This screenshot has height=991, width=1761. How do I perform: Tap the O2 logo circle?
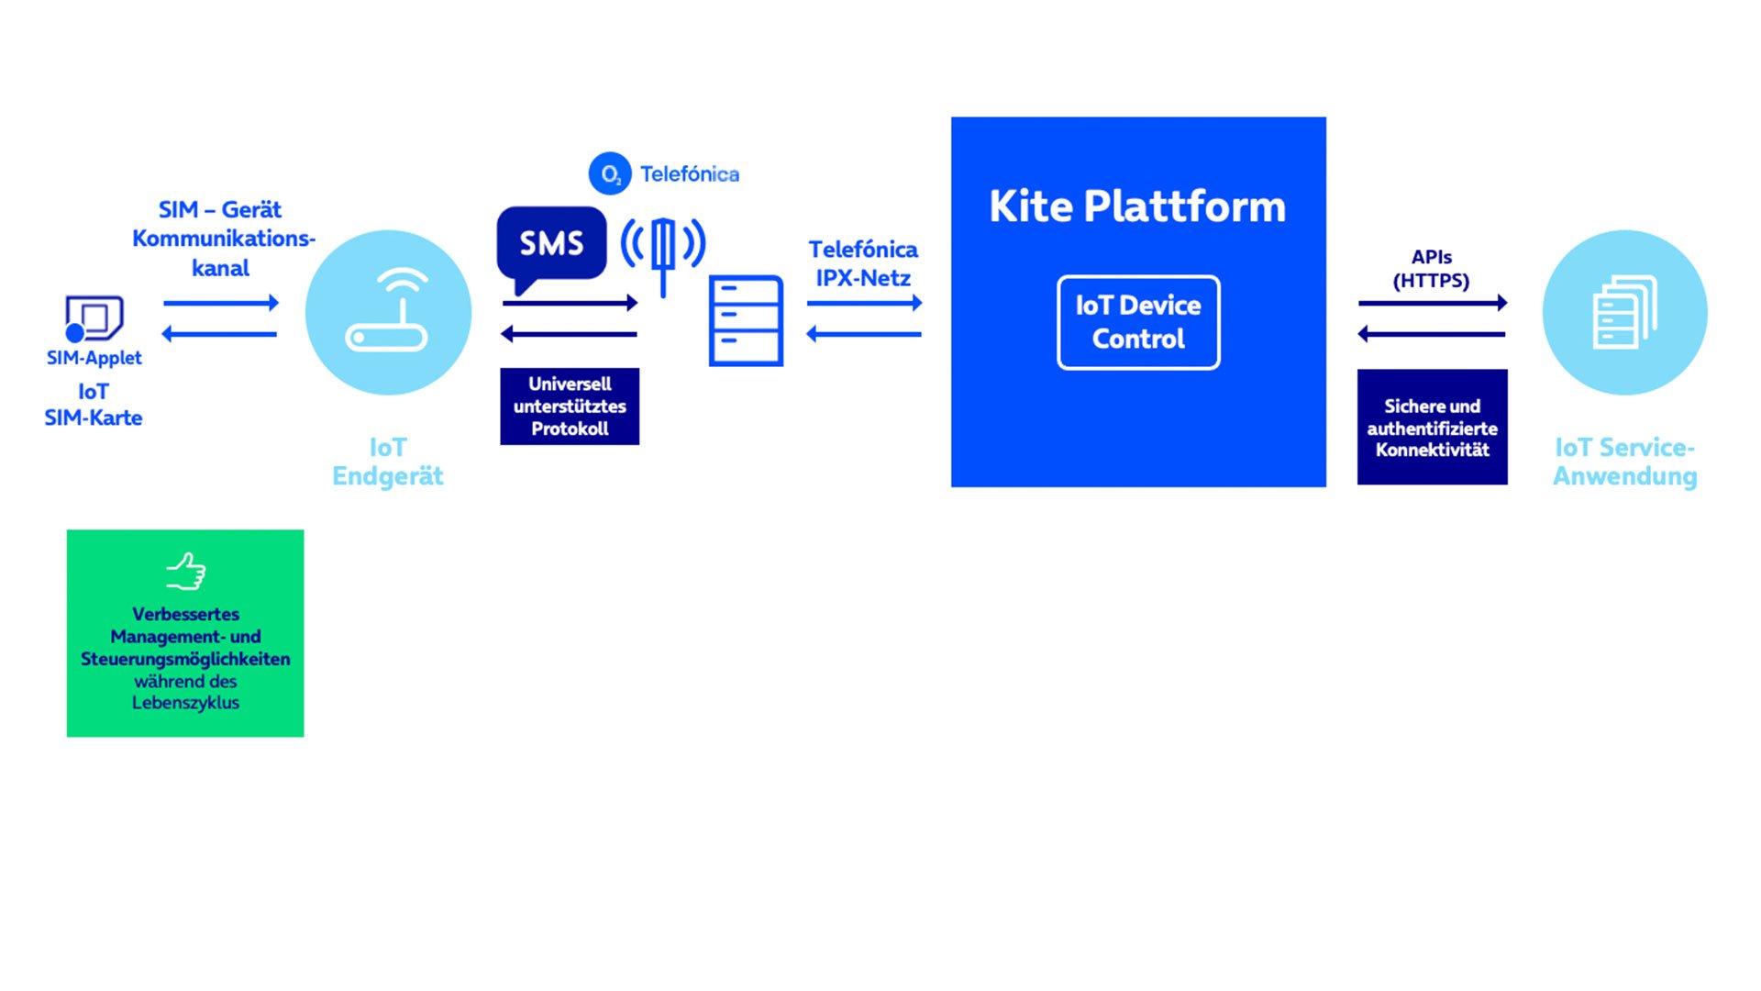click(x=610, y=173)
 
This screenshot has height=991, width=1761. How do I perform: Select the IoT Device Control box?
click(x=1138, y=322)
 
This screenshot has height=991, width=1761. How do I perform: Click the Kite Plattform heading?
click(x=1137, y=206)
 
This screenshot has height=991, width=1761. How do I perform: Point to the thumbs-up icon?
click(x=186, y=571)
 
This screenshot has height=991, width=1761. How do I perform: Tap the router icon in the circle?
click(x=388, y=310)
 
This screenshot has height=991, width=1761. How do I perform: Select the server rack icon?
click(x=746, y=320)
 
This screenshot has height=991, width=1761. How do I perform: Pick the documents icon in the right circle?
click(x=1625, y=312)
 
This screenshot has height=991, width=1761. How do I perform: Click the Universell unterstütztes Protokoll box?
click(x=570, y=406)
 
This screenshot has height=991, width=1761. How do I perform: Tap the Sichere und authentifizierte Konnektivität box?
click(x=1432, y=427)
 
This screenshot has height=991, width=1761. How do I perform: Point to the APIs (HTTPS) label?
click(x=1431, y=269)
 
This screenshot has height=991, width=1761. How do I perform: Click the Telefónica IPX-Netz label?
click(x=863, y=263)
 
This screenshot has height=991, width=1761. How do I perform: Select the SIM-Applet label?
click(x=94, y=358)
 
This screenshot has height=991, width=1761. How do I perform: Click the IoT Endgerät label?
click(x=388, y=462)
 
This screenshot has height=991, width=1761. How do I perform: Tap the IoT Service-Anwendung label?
click(x=1624, y=462)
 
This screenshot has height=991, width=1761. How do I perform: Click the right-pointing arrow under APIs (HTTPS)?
click(x=1433, y=303)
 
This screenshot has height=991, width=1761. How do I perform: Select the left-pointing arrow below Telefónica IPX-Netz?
click(x=864, y=334)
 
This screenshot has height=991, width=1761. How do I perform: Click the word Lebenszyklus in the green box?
click(x=185, y=703)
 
